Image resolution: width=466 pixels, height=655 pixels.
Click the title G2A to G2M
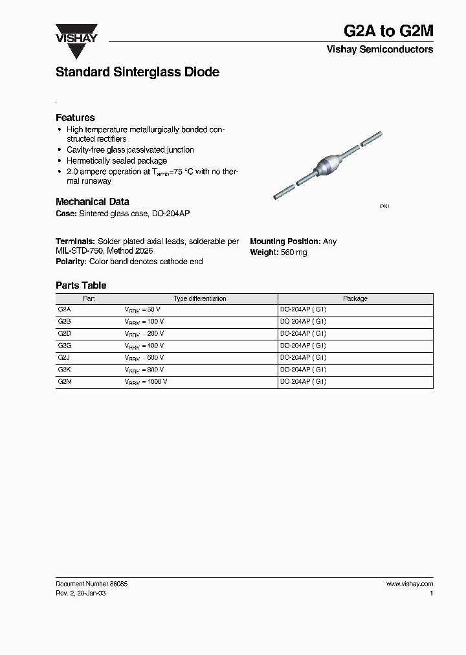388,32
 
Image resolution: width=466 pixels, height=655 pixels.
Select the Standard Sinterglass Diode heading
137,72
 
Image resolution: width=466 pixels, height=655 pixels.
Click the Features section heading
75,118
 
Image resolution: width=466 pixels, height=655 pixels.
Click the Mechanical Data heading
93,202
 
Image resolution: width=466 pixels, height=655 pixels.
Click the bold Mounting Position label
285,241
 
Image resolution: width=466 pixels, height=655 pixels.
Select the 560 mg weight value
294,252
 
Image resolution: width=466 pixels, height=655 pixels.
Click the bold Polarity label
71,261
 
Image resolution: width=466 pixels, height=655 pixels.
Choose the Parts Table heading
81,285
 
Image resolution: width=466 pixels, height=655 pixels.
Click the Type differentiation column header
200,299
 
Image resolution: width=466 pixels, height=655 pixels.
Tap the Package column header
355,299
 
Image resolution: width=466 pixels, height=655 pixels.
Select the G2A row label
64,310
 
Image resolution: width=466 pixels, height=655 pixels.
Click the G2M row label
64,382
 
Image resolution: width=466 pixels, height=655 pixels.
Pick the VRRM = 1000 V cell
146,382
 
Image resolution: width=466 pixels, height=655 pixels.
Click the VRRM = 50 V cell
142,310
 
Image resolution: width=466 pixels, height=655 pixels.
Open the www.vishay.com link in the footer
410,583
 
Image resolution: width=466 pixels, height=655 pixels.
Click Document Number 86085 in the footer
91,583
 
